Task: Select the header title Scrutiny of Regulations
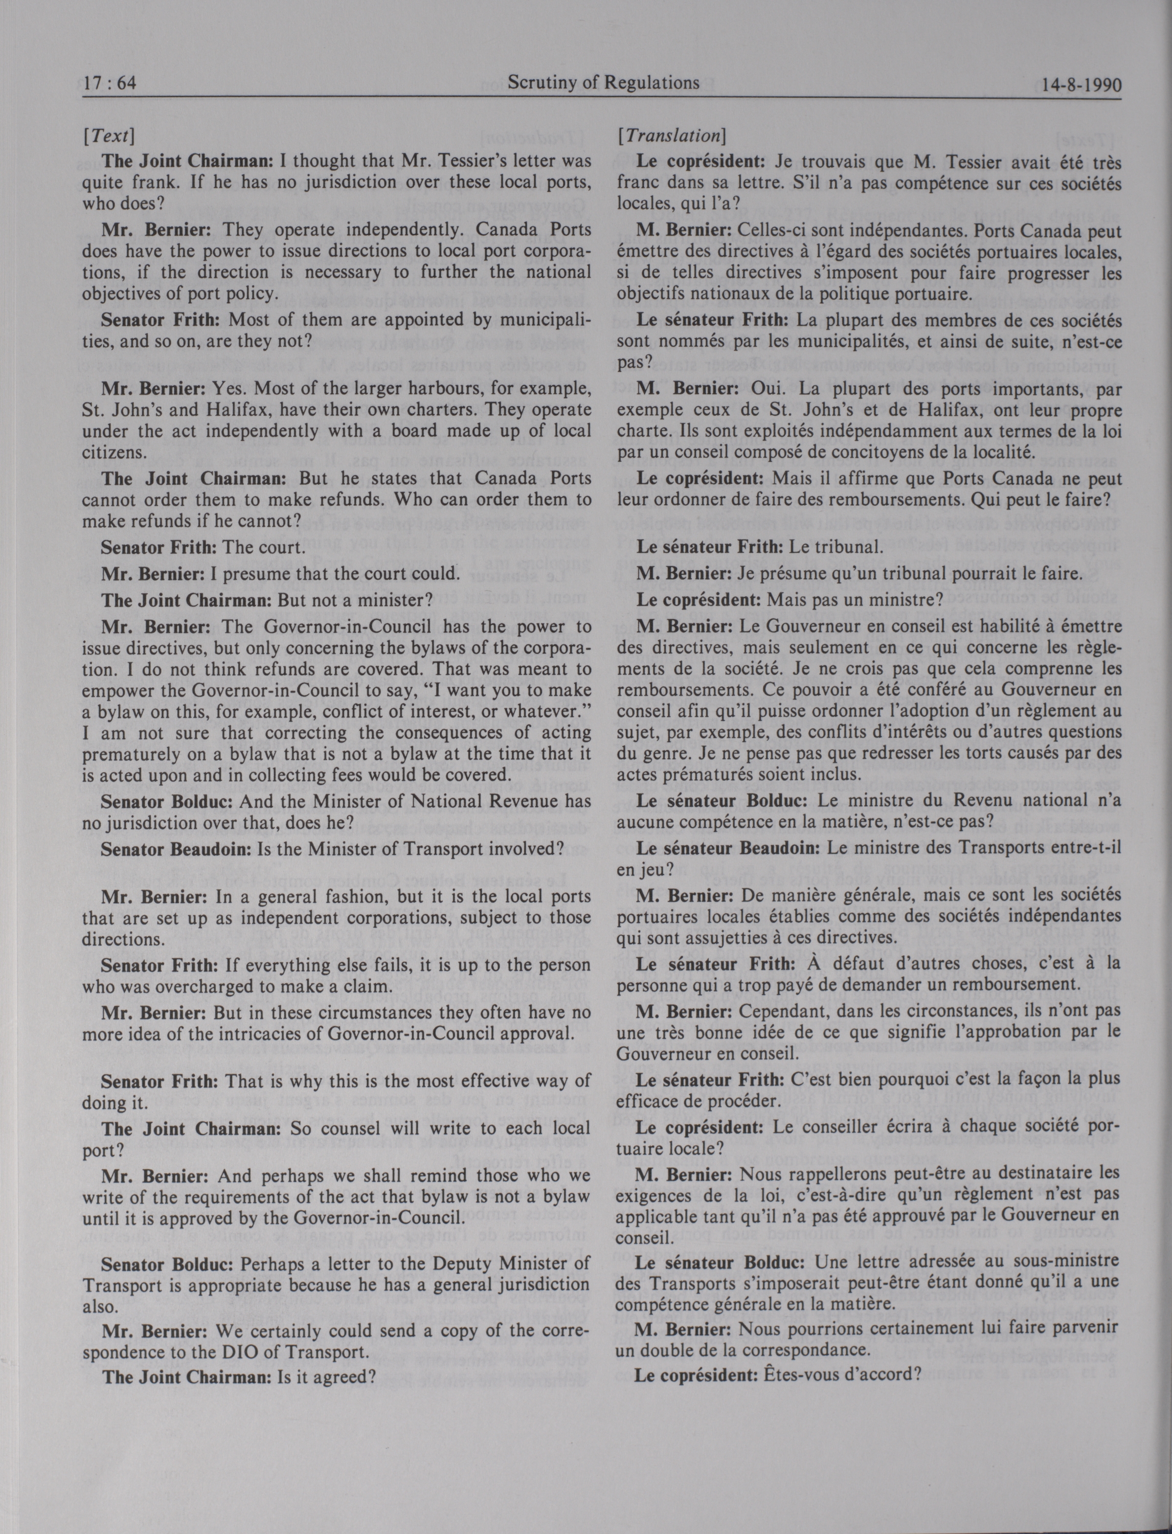tap(604, 83)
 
